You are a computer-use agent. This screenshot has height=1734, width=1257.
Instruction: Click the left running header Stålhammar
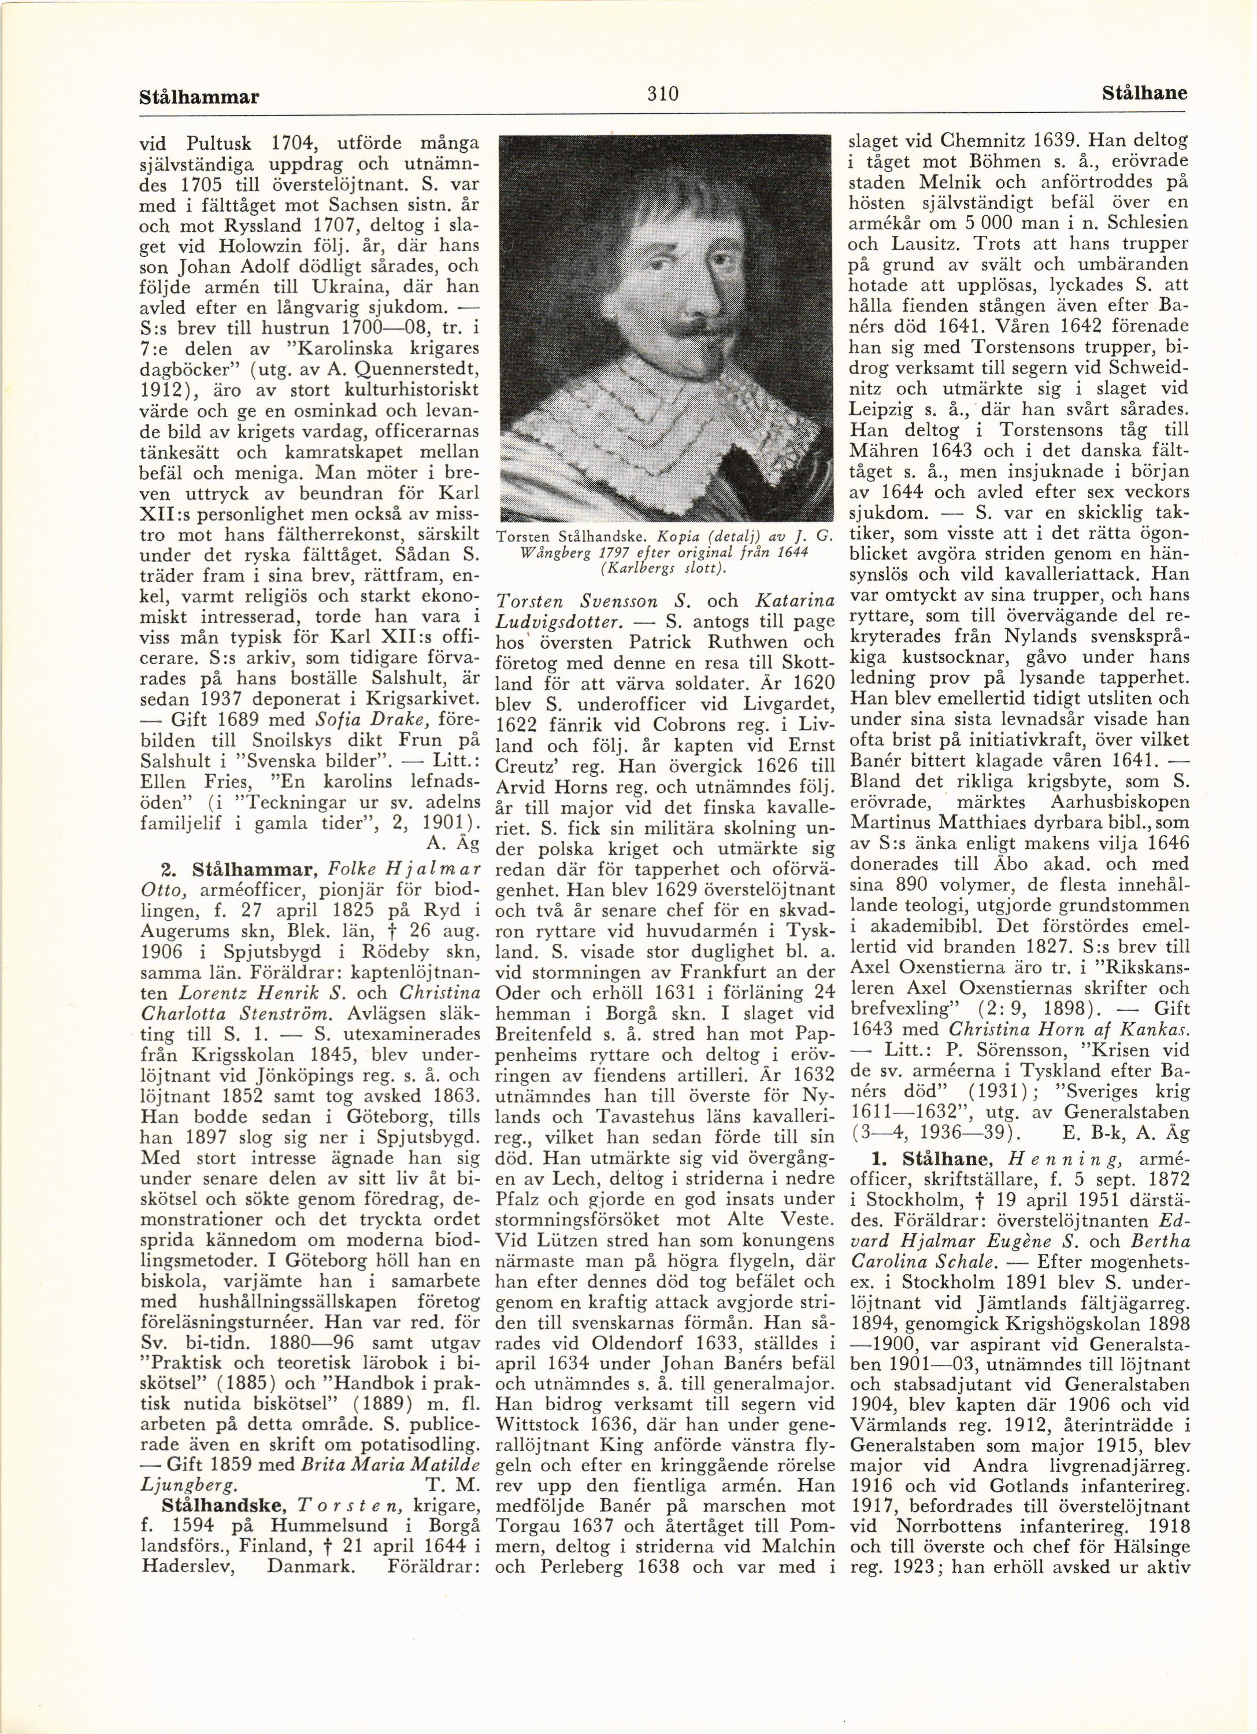(200, 97)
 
